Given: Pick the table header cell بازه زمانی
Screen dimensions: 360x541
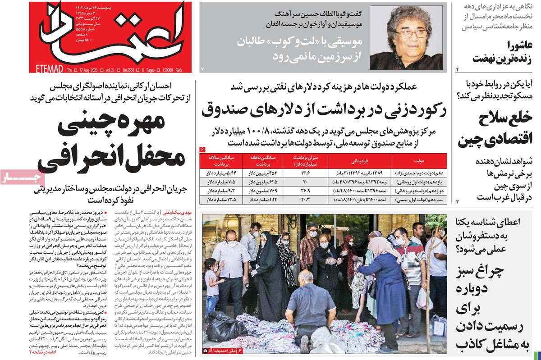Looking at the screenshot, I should click(360, 160).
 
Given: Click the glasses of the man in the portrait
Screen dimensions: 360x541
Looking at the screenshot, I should click(410, 35).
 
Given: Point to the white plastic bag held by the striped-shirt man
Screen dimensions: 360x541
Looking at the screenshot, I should click(424, 298).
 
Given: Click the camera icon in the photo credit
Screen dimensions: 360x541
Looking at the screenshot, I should click(206, 350).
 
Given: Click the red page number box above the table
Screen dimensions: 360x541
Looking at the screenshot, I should click(202, 149).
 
